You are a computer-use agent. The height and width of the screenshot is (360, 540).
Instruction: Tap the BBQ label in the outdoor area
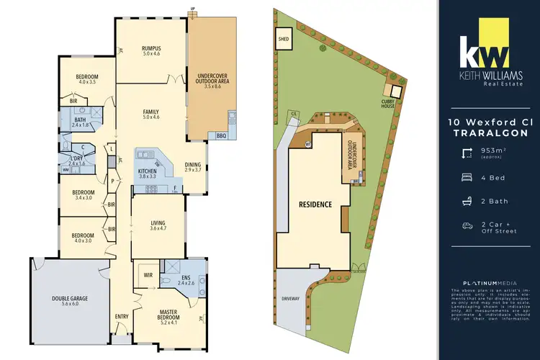click(220, 135)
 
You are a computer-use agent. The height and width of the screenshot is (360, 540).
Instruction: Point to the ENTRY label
click(121, 316)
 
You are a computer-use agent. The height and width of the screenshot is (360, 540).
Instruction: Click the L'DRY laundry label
click(76, 160)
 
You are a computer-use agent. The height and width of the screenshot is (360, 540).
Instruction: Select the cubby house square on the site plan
click(392, 91)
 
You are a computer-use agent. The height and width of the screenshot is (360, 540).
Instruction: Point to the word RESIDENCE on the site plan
click(315, 204)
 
